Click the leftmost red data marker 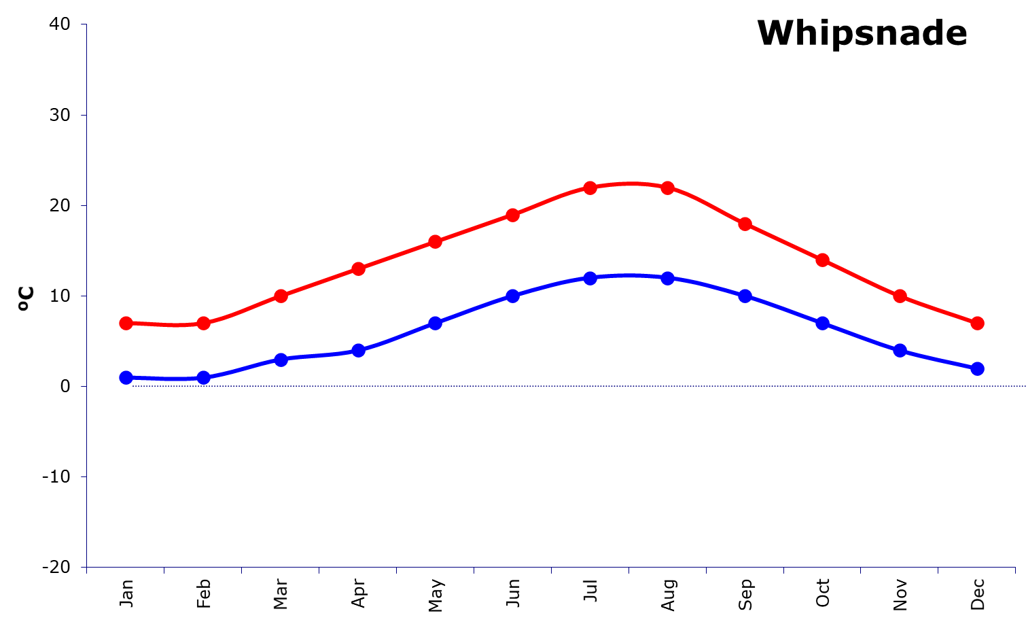coord(126,323)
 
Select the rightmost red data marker coord(977,323)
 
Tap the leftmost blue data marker coord(126,377)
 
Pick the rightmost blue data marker coord(977,368)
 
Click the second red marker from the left coord(203,323)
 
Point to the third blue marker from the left coord(281,359)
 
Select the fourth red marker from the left coord(358,268)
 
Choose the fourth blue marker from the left coord(358,350)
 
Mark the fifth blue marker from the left coord(436,323)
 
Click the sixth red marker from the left coord(513,215)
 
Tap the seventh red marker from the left coord(590,188)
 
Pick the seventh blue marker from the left coord(590,278)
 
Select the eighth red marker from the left coord(668,188)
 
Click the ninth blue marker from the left coord(745,296)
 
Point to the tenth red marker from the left coord(822,260)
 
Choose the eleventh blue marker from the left coord(900,350)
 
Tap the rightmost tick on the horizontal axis coord(1015,570)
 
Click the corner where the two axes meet coord(86,567)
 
